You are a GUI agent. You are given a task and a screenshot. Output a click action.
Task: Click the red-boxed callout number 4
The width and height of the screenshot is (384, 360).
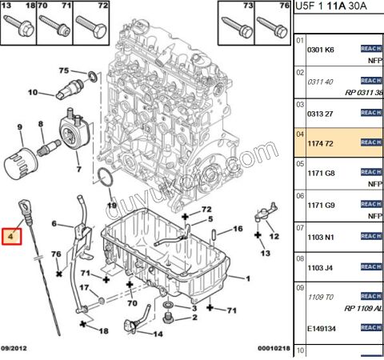point(11,237)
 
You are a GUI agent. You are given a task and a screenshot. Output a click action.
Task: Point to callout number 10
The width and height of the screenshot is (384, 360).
point(33,93)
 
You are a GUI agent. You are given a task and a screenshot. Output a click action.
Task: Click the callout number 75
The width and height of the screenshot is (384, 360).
point(64,70)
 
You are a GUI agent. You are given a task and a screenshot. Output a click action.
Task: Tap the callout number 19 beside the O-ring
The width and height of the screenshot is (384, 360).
point(112,206)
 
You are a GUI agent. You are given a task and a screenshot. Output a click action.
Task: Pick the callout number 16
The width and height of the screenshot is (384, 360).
point(238,229)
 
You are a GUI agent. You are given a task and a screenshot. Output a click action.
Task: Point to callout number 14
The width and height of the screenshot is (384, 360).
point(157,334)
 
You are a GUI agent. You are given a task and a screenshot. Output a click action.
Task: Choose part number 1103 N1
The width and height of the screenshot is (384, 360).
point(322,238)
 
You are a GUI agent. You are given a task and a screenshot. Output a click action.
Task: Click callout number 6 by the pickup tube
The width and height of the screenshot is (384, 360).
point(54,223)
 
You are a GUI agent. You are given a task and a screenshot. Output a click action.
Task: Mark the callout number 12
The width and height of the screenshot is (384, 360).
point(274,236)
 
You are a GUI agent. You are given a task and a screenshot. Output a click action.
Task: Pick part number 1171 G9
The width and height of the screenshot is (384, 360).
point(322,204)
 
